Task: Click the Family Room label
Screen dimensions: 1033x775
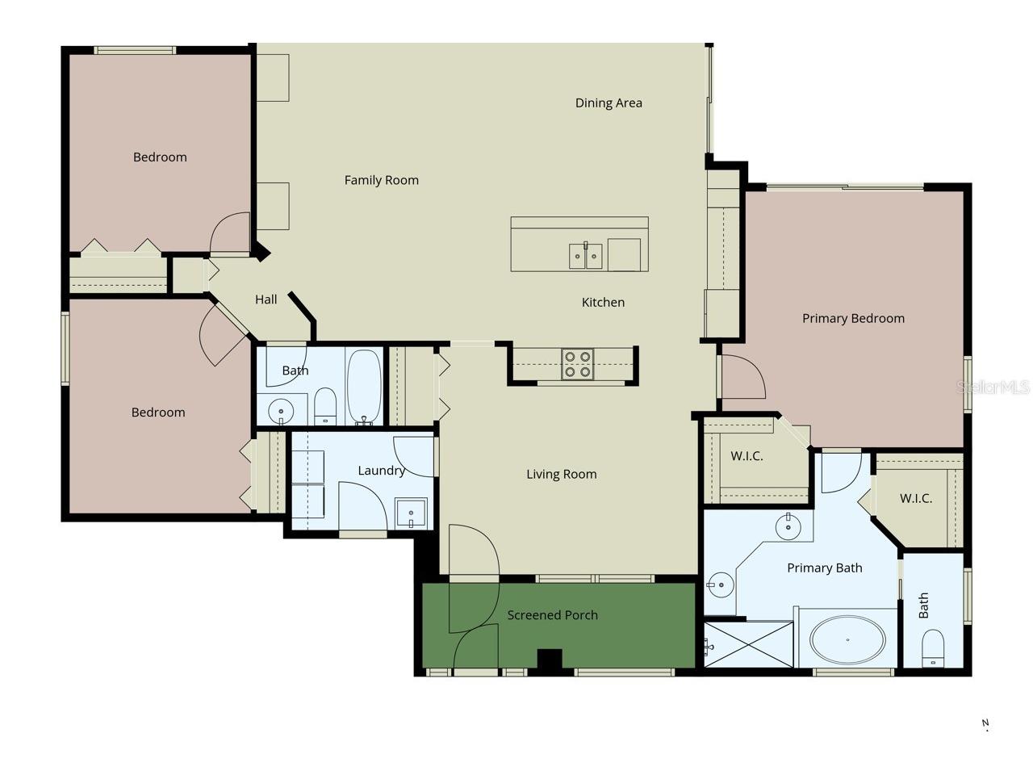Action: coord(381,180)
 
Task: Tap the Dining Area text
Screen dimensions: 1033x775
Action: coord(609,103)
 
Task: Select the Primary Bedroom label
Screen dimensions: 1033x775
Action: coord(853,319)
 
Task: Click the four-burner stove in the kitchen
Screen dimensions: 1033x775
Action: coord(578,364)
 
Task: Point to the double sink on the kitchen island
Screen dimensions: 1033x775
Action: coord(585,256)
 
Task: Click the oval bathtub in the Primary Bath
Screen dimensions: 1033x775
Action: coord(847,640)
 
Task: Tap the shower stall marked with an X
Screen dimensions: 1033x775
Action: coord(749,644)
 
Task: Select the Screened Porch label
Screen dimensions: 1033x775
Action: coord(553,615)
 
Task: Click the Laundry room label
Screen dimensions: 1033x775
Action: coord(381,471)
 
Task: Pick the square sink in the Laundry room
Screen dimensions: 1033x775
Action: coord(411,513)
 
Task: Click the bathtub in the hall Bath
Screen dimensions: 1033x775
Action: coord(364,387)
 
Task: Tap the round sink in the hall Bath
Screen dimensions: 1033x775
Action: coord(281,411)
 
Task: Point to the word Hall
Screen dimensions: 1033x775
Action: coord(266,300)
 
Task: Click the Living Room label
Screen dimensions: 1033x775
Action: coord(562,475)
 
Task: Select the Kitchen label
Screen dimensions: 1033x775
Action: coord(603,303)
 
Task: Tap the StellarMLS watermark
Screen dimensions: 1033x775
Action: coord(993,387)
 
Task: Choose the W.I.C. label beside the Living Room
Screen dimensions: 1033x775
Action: coord(747,456)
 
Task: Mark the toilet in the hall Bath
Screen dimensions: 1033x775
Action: coord(324,405)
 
